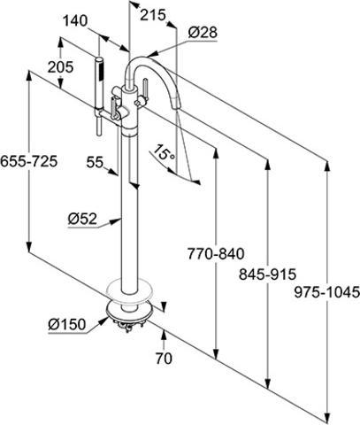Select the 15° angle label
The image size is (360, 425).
click(163, 151)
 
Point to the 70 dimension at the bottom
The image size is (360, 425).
click(164, 359)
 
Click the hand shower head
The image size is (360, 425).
click(99, 68)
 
